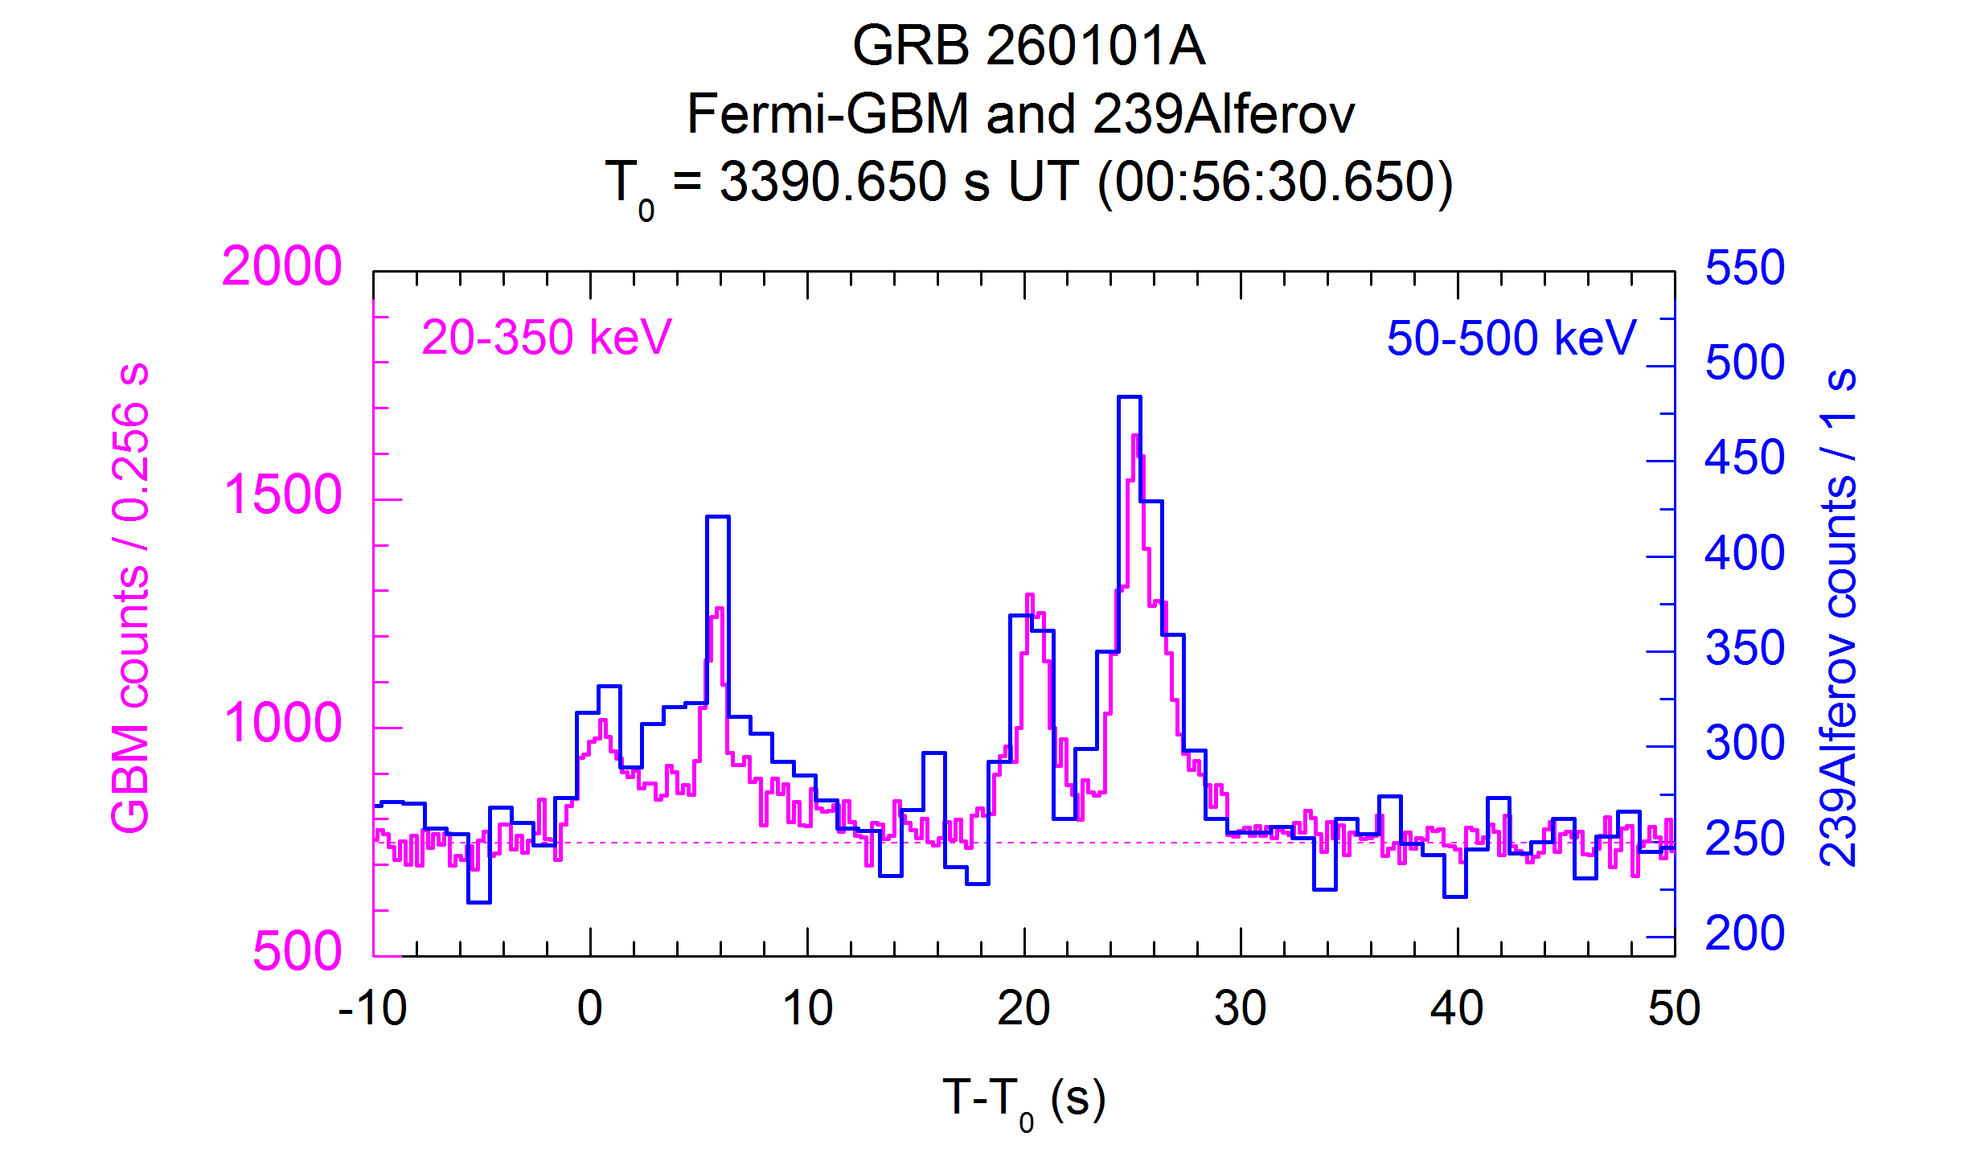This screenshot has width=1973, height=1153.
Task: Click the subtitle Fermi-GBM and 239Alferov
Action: point(1019,114)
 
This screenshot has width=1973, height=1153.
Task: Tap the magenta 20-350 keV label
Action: point(546,337)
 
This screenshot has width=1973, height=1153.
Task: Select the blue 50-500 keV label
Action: point(1511,338)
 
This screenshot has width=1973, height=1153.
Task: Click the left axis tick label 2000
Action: point(281,267)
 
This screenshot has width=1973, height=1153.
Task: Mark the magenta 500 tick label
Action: point(297,951)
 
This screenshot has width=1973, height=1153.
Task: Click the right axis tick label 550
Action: point(1744,268)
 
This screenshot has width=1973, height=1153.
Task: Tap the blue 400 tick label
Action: point(1744,553)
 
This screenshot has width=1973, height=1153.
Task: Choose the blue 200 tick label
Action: point(1744,933)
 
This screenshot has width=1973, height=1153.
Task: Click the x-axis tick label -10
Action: point(372,1008)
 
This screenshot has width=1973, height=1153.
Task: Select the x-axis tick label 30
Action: point(1240,1008)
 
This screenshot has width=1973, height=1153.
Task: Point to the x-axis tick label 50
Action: point(1673,1008)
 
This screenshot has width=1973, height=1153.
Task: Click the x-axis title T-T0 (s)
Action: point(1023,1099)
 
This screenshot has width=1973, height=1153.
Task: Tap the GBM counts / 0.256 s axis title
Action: point(131,598)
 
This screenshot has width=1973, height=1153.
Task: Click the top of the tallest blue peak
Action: point(1129,397)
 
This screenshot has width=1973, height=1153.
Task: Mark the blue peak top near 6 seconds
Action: point(717,517)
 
